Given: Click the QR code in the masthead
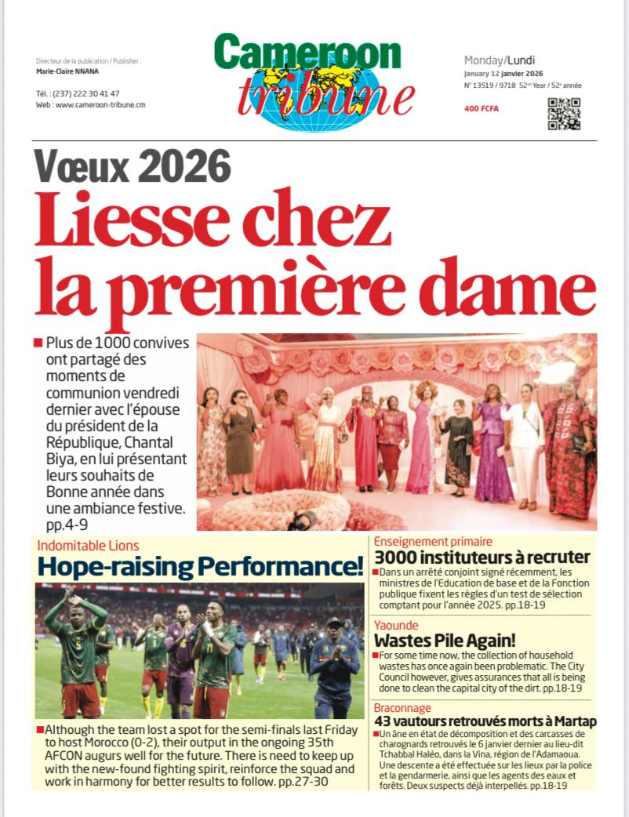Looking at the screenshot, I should [563, 114].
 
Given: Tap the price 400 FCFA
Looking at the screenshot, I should [481, 109].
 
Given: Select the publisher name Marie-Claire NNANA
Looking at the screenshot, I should [67, 71].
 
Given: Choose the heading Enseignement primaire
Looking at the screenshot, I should [433, 541].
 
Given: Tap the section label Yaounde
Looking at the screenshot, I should [396, 626].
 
